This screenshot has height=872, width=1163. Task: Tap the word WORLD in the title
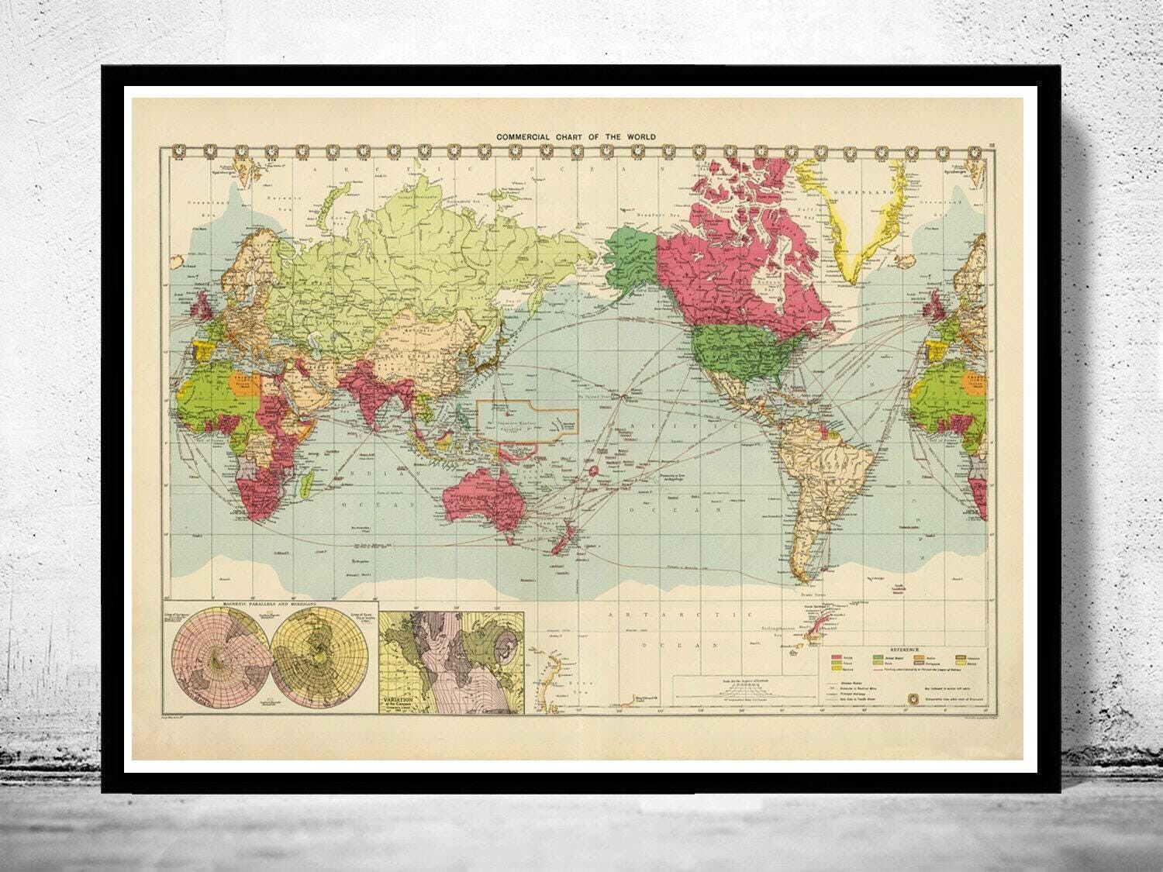[640, 136]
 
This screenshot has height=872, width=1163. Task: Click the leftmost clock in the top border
[180, 152]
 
